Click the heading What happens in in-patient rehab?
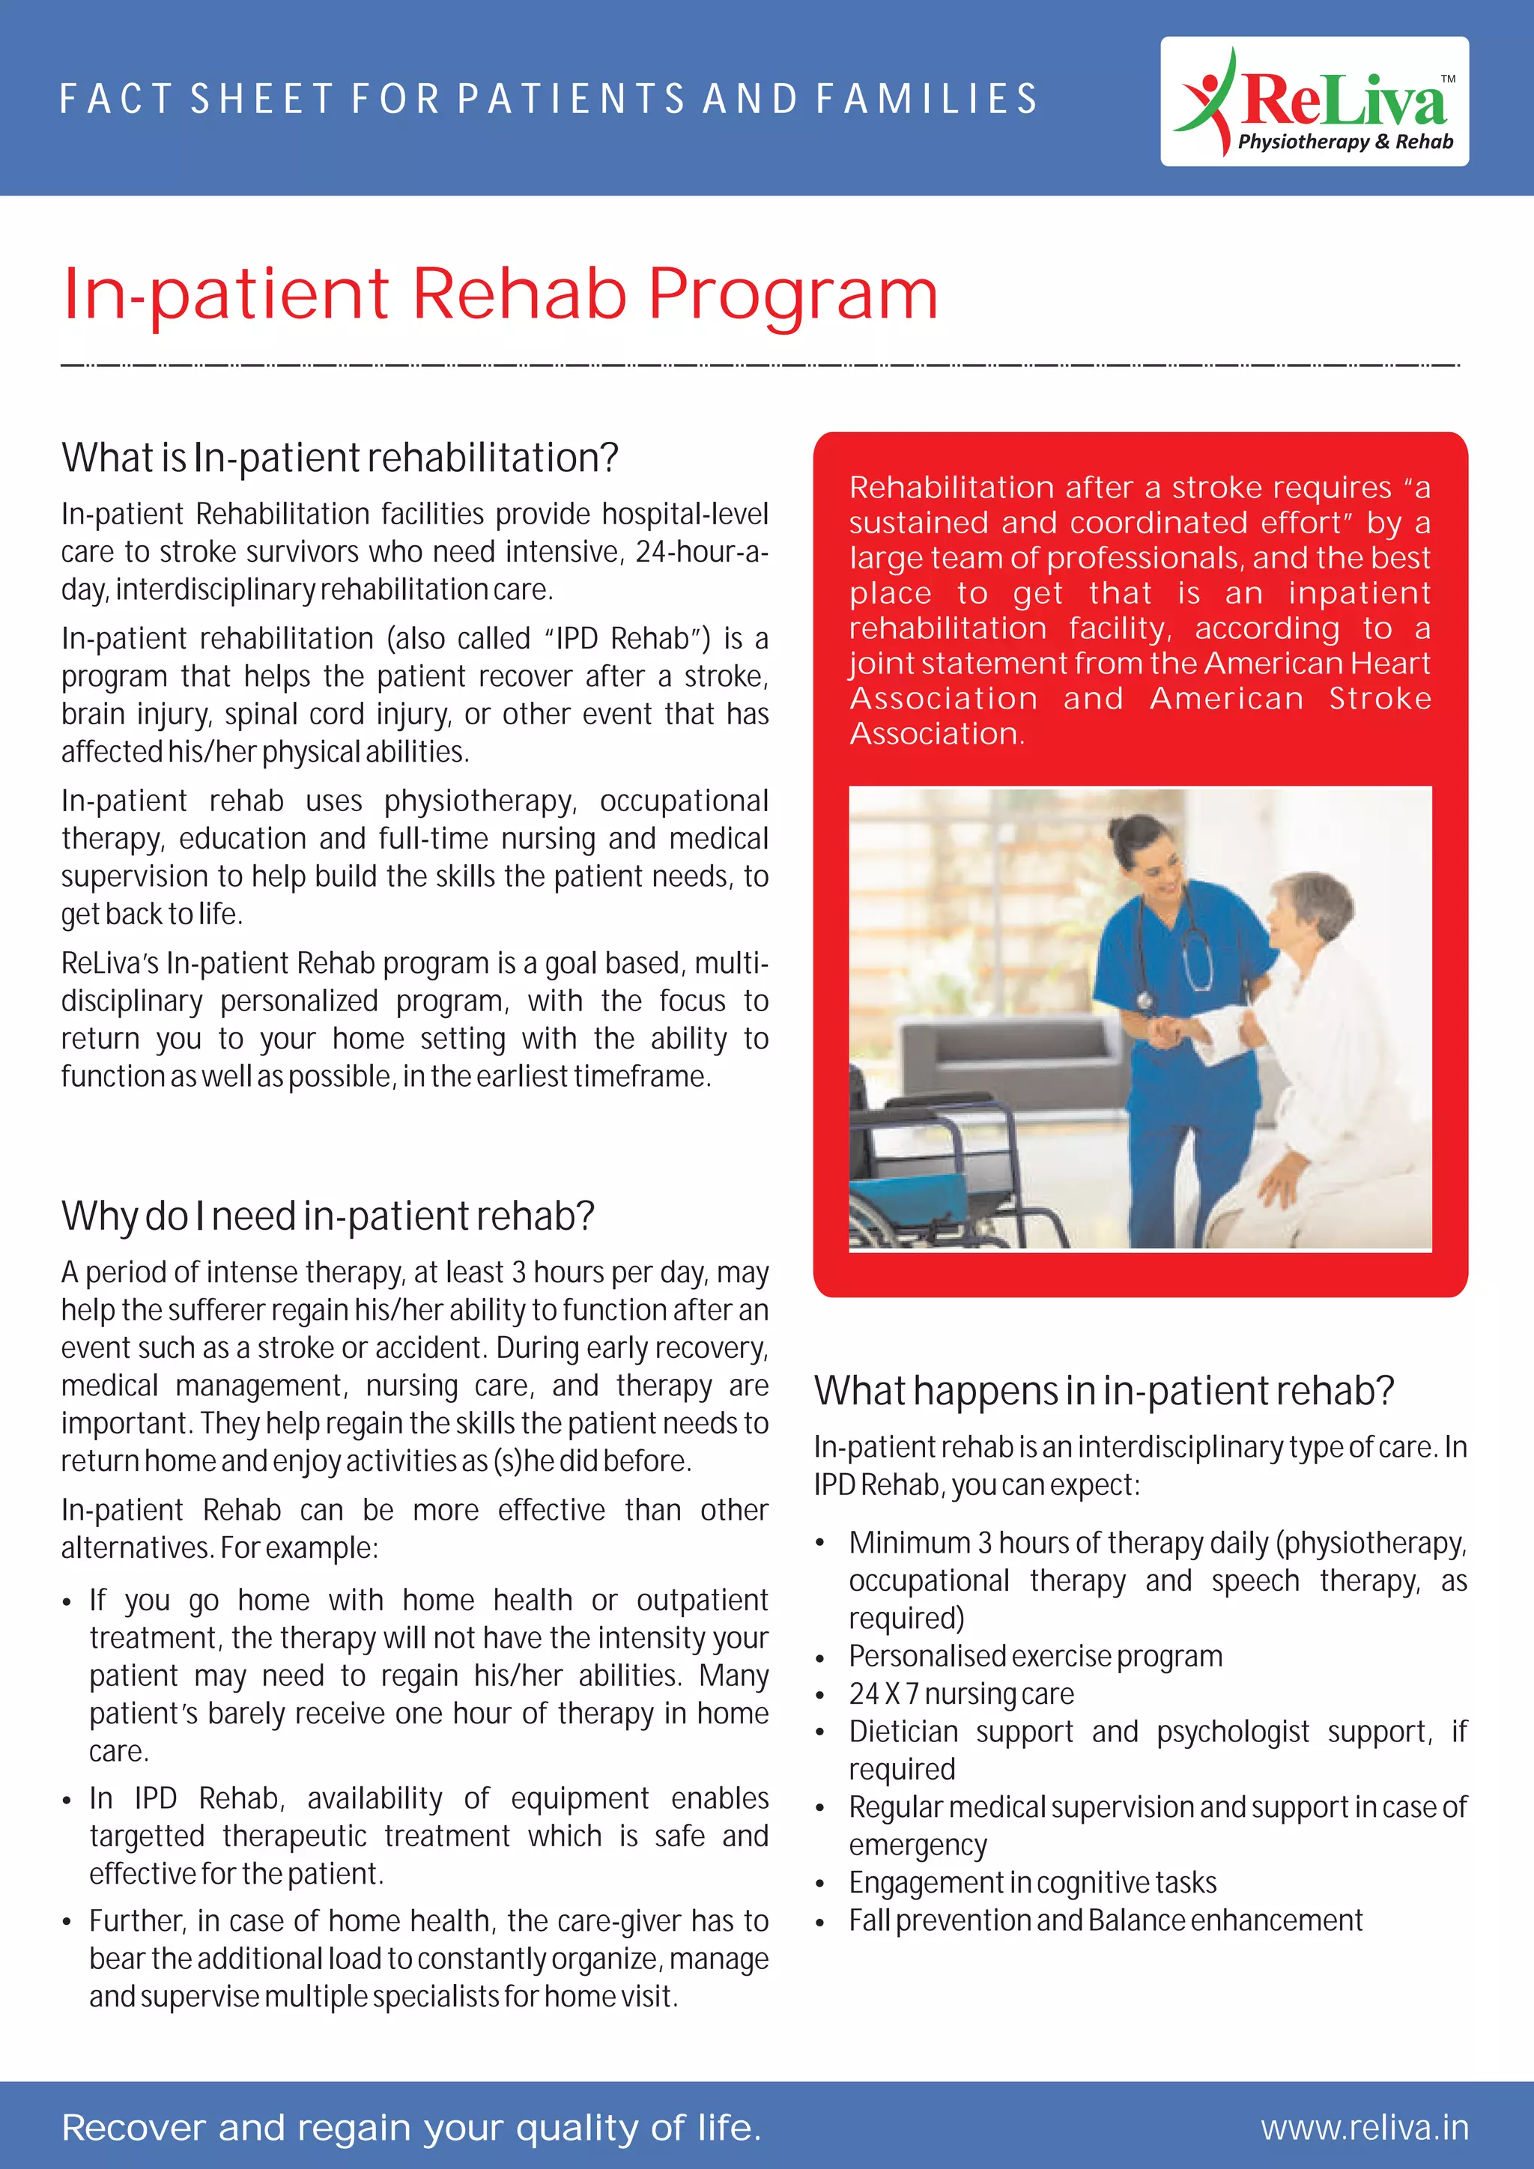pyautogui.click(x=1103, y=1391)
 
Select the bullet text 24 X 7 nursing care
pyautogui.click(x=961, y=1694)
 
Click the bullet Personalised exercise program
pyautogui.click(x=1035, y=1656)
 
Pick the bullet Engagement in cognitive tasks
pyautogui.click(x=1031, y=1882)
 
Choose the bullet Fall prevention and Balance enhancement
pyautogui.click(x=1105, y=1920)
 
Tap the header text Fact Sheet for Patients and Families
pyautogui.click(x=548, y=99)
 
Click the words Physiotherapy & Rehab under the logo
pyautogui.click(x=1345, y=142)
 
